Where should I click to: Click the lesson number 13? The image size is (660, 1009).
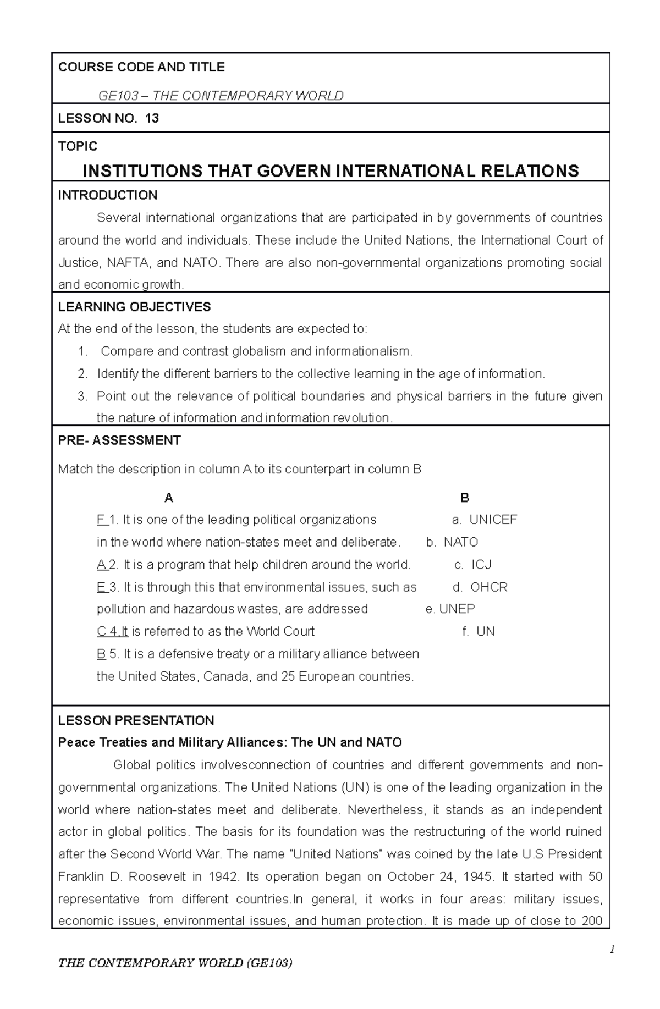click(152, 118)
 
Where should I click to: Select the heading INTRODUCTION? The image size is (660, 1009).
click(108, 195)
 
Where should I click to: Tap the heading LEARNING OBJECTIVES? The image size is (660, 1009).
click(134, 307)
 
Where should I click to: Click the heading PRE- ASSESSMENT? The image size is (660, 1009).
click(119, 440)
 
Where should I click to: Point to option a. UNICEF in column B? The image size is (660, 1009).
click(484, 520)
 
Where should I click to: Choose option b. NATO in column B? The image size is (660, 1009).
click(452, 542)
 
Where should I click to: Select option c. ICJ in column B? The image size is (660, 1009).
click(473, 565)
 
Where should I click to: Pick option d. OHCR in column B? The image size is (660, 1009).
click(480, 587)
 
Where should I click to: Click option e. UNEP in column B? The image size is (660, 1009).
click(450, 609)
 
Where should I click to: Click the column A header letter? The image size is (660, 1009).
click(169, 498)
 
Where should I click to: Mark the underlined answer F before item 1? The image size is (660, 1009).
click(101, 520)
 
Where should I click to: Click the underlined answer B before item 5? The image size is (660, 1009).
click(101, 654)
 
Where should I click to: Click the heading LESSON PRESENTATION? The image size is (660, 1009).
click(136, 721)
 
